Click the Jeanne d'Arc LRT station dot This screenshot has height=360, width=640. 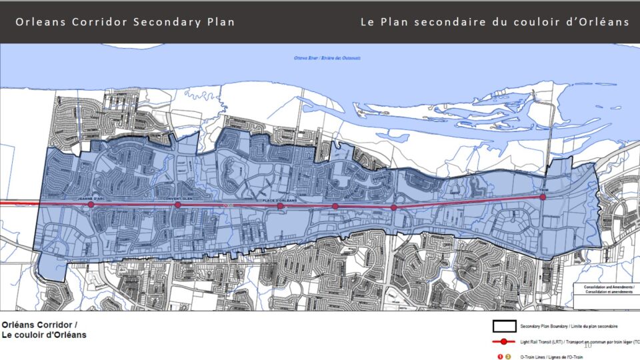pyautogui.click(x=91, y=205)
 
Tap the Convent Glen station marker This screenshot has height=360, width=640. pyautogui.click(x=177, y=205)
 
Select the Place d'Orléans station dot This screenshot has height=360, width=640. pyautogui.click(x=281, y=206)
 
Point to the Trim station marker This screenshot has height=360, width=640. pyautogui.click(x=543, y=197)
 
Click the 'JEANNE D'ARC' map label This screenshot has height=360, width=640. pyautogui.click(x=92, y=199)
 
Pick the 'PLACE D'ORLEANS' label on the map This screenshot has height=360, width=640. pyautogui.click(x=280, y=199)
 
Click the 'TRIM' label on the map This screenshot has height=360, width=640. pyautogui.click(x=543, y=190)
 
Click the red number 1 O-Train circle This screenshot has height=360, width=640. pyautogui.click(x=499, y=357)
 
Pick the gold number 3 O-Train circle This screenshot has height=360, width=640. pyautogui.click(x=508, y=357)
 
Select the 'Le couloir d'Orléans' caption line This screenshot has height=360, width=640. pyautogui.click(x=44, y=335)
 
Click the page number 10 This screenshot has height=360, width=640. pyautogui.click(x=587, y=345)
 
